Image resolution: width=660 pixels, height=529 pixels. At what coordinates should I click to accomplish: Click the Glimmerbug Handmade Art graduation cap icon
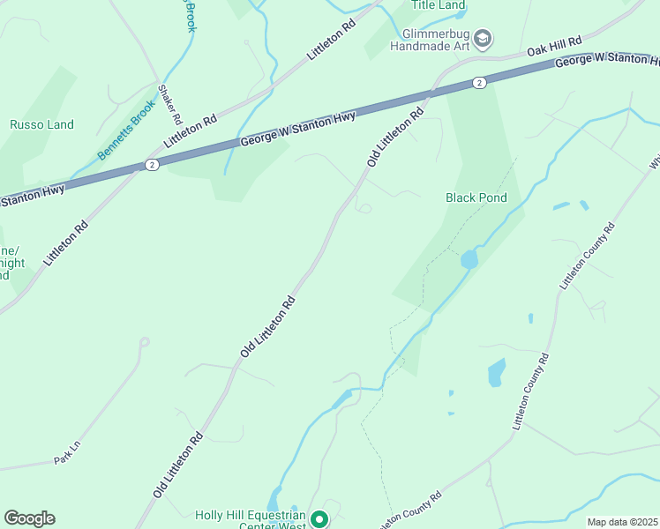coord(483,38)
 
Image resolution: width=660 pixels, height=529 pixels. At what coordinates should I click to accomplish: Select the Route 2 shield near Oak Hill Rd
coord(478,83)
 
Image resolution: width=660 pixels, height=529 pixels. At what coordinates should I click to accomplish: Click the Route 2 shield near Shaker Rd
coord(152,165)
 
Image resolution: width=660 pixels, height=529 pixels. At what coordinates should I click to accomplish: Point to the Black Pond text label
coord(476,197)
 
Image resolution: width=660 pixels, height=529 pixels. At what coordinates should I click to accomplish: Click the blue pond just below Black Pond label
coord(469,258)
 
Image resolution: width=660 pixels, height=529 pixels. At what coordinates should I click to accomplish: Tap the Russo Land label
coord(41,125)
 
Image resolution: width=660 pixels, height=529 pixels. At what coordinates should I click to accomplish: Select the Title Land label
coord(439,5)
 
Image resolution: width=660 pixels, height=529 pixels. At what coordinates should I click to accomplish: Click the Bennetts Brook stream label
coord(126,133)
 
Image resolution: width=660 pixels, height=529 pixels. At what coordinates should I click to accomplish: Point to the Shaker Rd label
coord(169,104)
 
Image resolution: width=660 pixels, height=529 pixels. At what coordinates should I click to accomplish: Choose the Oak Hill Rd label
coord(555,48)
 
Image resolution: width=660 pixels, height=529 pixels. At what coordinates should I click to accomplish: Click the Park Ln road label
coord(67,459)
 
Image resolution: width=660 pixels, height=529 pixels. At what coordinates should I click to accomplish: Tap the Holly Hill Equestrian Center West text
coord(251,520)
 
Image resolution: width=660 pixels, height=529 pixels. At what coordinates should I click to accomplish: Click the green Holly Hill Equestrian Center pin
coord(320,519)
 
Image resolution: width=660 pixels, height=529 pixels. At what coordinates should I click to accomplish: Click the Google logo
coord(29,518)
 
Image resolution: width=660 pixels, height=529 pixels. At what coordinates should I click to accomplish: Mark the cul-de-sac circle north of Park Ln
coord(144,342)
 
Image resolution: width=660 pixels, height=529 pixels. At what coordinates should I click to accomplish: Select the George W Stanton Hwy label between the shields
coord(298,129)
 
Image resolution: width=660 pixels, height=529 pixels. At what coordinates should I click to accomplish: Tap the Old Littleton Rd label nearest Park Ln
coord(178,465)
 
